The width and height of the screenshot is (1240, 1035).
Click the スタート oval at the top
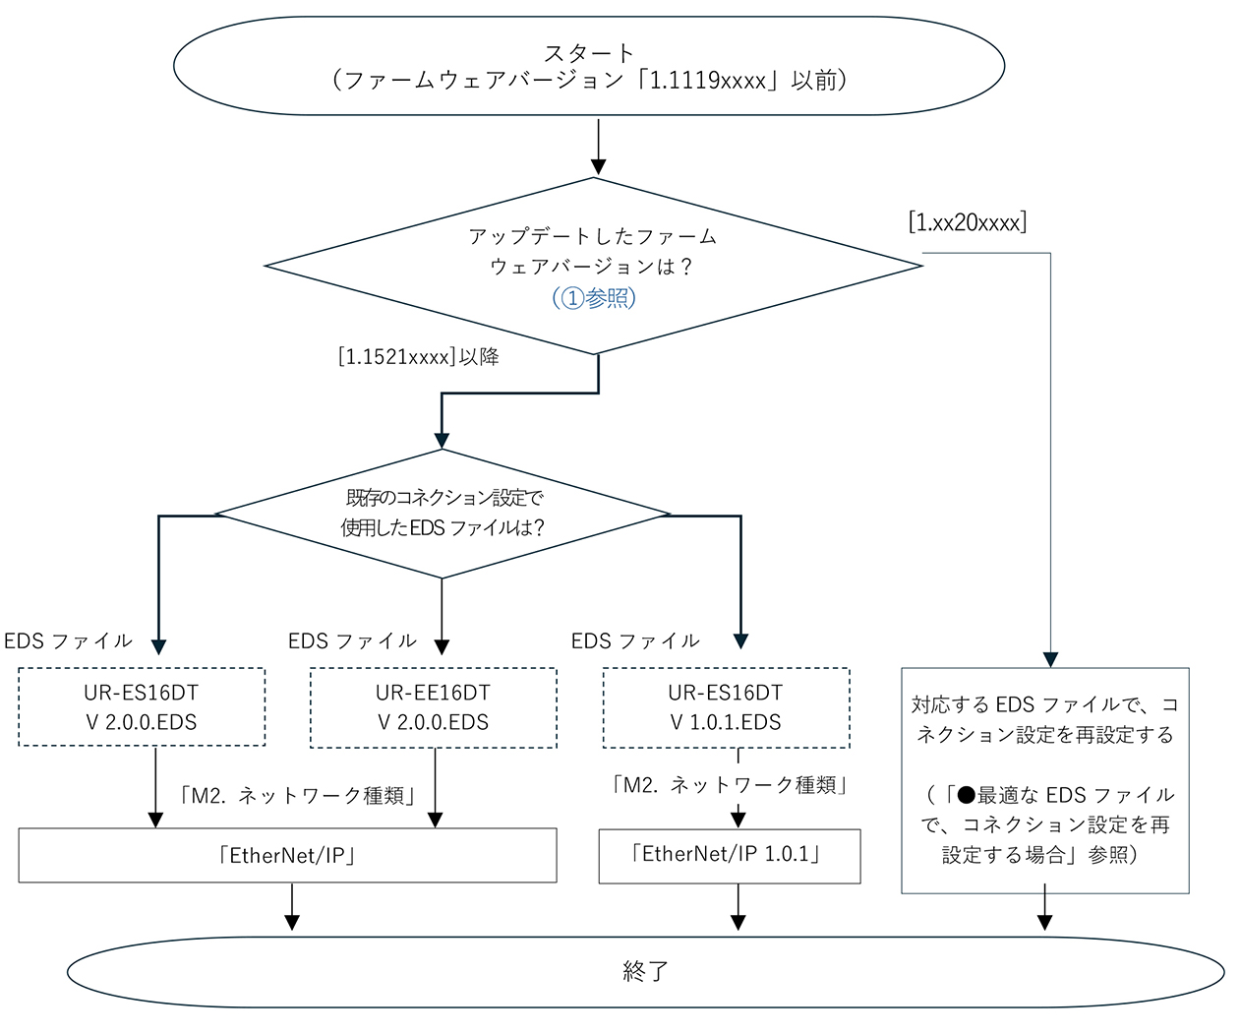tap(588, 66)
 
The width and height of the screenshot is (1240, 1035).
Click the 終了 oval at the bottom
tap(645, 972)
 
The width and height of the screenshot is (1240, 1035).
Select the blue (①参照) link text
tap(594, 297)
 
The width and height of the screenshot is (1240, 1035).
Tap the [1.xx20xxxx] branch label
tap(968, 222)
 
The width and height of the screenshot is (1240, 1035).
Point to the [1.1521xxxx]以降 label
tap(418, 357)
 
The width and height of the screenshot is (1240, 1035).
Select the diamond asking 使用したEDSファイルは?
tap(443, 514)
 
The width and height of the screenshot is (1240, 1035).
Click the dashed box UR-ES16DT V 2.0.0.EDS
tap(142, 707)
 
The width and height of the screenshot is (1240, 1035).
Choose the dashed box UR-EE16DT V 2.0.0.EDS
tap(433, 707)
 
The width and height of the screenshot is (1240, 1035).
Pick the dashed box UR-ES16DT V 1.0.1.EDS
tap(726, 707)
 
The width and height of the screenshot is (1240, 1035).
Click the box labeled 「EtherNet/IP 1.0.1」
tap(729, 855)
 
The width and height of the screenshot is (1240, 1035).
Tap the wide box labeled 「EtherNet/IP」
tap(287, 855)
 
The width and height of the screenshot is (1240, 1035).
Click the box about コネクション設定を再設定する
tap(1044, 780)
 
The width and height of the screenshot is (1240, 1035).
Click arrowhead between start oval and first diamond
tap(598, 166)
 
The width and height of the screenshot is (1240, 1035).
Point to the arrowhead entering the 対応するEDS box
tap(1050, 659)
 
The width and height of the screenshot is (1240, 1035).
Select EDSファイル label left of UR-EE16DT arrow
tap(352, 641)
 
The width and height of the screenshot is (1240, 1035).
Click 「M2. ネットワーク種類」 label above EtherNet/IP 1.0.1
tap(730, 785)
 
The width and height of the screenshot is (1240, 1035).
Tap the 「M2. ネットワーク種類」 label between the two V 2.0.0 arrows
tap(298, 796)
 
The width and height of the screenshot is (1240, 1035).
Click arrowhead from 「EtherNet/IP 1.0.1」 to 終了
tap(738, 922)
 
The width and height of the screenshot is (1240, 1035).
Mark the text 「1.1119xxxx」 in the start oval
tap(708, 81)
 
